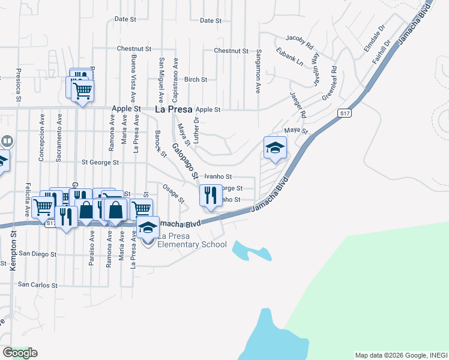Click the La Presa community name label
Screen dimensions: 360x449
[173, 110]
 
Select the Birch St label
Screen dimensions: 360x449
[196, 79]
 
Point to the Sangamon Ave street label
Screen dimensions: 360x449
[259, 71]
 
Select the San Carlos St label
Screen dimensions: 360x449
[37, 284]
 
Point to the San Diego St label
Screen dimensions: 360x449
[37, 254]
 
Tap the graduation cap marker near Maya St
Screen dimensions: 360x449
[275, 148]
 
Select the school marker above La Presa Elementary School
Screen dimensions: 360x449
[148, 227]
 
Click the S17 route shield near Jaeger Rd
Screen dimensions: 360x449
[344, 112]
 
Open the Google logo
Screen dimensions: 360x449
[20, 353]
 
